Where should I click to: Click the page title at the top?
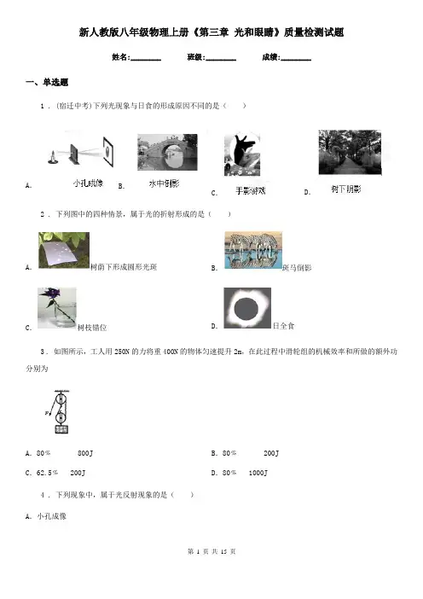[x=211, y=32]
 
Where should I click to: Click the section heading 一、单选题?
[x=47, y=82]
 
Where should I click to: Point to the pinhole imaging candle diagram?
[x=81, y=151]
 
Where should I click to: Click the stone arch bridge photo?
[x=167, y=152]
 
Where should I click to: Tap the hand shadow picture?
[x=242, y=154]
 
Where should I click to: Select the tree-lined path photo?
[x=350, y=152]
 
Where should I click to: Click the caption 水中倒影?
[x=164, y=183]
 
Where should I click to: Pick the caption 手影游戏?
[x=251, y=190]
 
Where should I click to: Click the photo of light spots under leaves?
[x=64, y=250]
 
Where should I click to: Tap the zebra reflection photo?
[x=253, y=250]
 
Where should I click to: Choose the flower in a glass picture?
[x=56, y=308]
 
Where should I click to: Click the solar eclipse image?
[x=247, y=308]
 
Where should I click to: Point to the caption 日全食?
[x=283, y=326]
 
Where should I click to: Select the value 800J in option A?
[x=85, y=453]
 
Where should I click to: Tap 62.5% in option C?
[x=47, y=473]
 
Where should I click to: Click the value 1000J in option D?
[x=258, y=473]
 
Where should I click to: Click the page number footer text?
[x=211, y=551]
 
